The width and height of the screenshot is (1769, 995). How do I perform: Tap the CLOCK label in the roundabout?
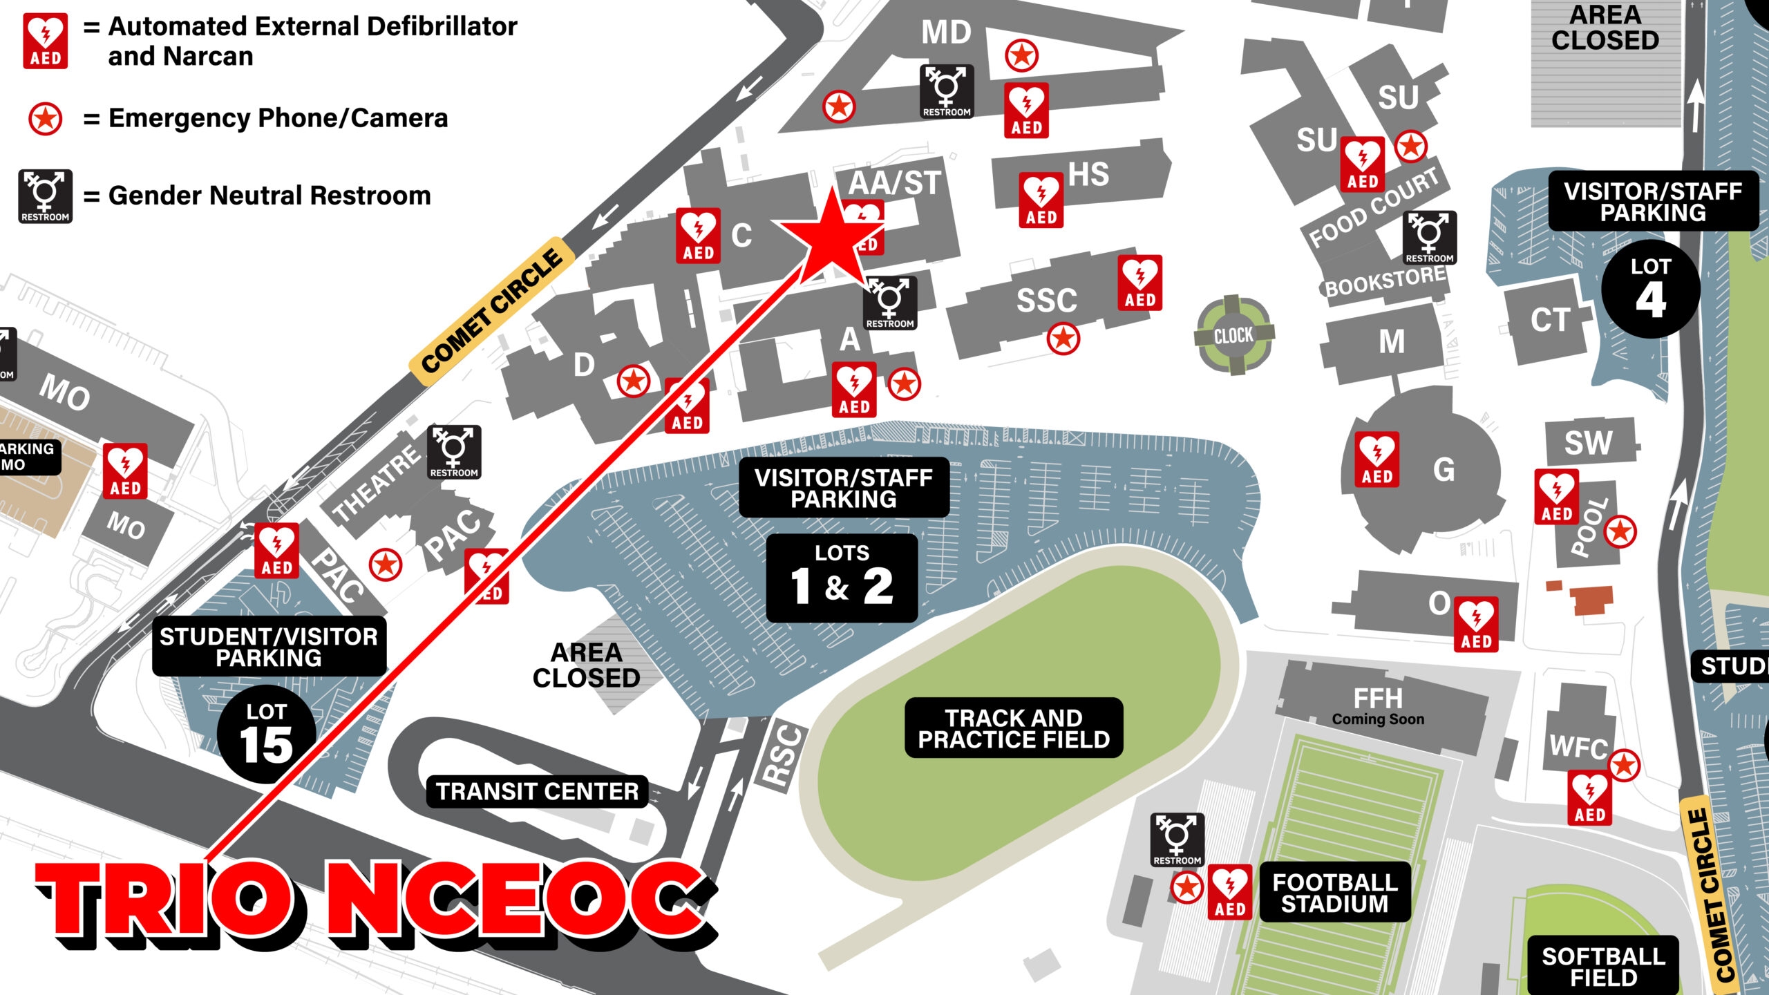(1233, 336)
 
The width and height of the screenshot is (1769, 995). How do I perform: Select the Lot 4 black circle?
(1650, 290)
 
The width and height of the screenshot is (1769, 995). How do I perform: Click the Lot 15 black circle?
(266, 735)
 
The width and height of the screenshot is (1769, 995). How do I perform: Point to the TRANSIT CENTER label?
(537, 791)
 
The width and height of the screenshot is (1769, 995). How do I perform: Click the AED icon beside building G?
(1377, 459)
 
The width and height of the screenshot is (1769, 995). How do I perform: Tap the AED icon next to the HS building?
(1041, 200)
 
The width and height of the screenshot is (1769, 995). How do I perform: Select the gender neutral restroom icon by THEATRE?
(454, 453)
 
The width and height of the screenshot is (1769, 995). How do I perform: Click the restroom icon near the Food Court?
(1429, 238)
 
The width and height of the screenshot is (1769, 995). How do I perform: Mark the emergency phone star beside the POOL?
(1620, 531)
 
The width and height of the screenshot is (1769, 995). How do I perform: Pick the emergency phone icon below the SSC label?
(1063, 339)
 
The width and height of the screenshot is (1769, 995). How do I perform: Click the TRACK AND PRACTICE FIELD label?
(1014, 728)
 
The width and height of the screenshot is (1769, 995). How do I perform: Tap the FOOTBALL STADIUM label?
(1335, 893)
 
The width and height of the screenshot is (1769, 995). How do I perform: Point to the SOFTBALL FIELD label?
(1603, 966)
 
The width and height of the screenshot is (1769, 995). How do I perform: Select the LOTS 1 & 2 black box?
(842, 578)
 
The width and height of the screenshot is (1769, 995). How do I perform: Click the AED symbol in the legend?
(46, 41)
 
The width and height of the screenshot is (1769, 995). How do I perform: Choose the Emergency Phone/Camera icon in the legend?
(46, 119)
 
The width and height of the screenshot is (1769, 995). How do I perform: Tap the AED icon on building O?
(1476, 625)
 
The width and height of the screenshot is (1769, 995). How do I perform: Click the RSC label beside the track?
(784, 756)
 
